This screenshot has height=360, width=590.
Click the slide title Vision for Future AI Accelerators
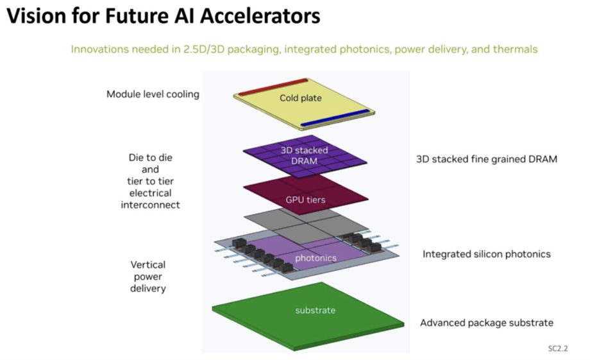click(x=164, y=16)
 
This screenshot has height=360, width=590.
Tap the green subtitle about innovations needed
click(x=304, y=49)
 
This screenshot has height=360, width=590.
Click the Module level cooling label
click(x=153, y=94)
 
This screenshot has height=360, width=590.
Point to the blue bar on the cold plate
click(x=335, y=118)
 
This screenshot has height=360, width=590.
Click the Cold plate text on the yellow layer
click(x=301, y=98)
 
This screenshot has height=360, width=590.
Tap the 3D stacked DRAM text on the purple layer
click(x=305, y=155)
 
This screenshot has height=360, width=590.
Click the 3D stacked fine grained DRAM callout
click(x=487, y=159)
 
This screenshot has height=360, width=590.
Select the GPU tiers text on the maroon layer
click(x=305, y=200)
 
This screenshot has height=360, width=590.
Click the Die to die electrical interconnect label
click(x=150, y=181)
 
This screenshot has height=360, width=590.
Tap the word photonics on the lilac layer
click(x=316, y=258)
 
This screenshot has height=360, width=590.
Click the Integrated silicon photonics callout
click(x=487, y=254)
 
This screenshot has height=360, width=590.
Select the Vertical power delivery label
click(x=148, y=277)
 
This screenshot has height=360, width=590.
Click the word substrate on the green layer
click(x=316, y=311)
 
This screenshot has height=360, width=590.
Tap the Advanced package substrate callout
click(x=487, y=323)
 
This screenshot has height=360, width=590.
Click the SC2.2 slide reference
click(x=558, y=348)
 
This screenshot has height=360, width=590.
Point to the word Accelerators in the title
click(x=260, y=16)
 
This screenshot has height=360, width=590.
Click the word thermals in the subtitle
click(x=515, y=49)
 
